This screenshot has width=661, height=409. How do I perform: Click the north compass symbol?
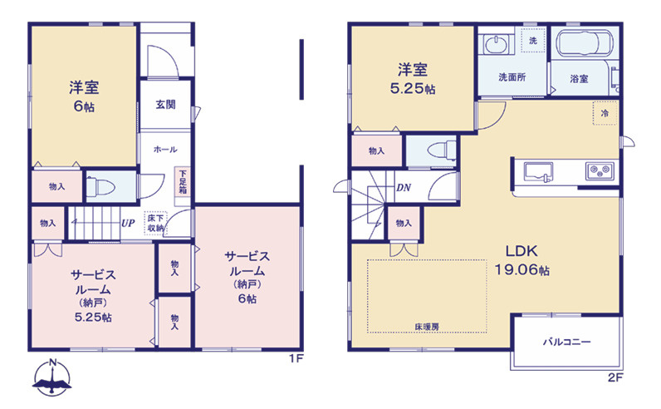pos(51,377)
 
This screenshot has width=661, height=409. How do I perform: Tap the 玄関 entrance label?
pos(164,105)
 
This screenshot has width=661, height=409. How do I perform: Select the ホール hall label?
pos(164,150)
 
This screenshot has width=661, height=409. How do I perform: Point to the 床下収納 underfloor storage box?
pos(156,222)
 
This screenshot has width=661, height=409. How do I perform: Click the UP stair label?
pos(129,223)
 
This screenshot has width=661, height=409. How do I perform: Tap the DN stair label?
pos(404,187)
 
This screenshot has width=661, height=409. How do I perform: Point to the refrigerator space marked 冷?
pos(604,112)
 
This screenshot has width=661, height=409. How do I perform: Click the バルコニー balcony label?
pos(567,341)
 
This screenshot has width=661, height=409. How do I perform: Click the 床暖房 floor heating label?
pos(427,327)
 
